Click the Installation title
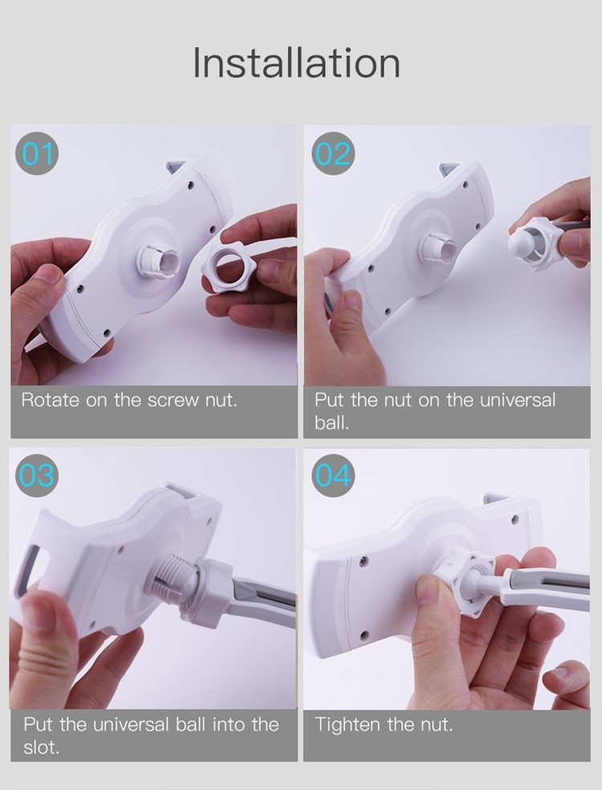297,63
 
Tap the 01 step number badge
37,153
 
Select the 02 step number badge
333,153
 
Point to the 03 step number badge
37,475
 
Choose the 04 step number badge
333,475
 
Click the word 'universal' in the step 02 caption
518,400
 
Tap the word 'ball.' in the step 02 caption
332,423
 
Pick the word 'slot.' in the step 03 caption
41,747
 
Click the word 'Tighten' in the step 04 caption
348,725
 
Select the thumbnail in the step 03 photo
37,611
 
